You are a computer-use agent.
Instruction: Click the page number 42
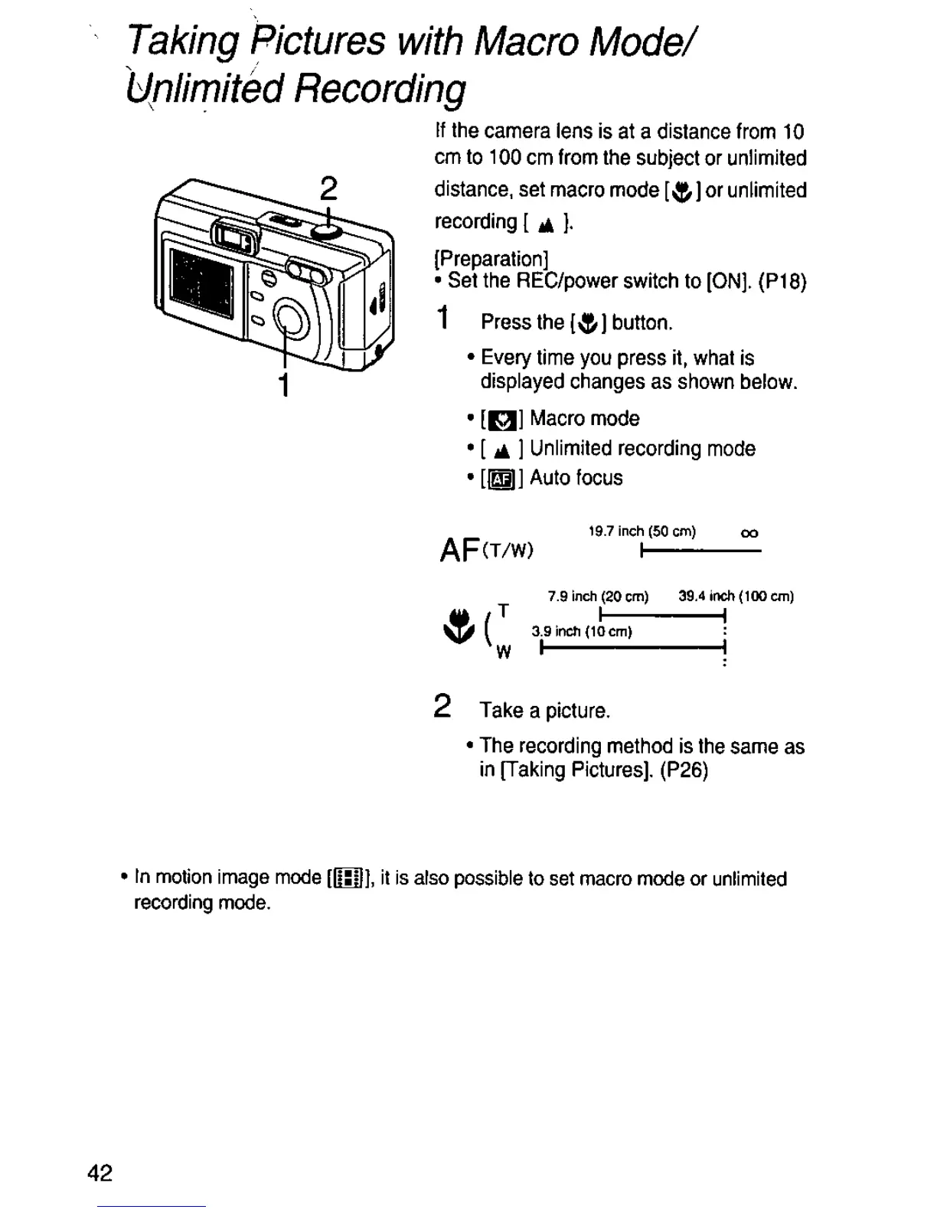(x=100, y=1173)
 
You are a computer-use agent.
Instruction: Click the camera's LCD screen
(x=202, y=282)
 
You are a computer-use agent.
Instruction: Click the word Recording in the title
(x=380, y=91)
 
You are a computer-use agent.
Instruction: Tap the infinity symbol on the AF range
(x=749, y=533)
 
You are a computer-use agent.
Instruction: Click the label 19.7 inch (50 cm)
(x=642, y=531)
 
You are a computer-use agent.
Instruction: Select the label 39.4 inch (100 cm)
(x=736, y=596)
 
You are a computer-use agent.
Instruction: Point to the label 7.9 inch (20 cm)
(x=598, y=596)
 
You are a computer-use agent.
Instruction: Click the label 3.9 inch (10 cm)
(x=582, y=632)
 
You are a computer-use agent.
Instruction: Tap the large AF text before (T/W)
(x=459, y=549)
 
